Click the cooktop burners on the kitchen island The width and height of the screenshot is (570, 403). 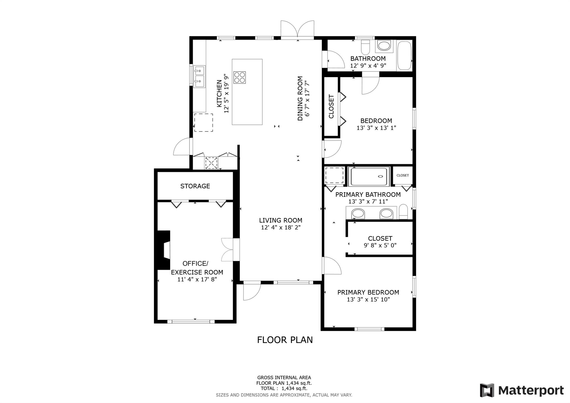[240, 77]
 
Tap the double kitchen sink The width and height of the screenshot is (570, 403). [199, 77]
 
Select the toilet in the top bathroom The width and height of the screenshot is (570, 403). [365, 47]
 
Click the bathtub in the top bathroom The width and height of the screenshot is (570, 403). [404, 56]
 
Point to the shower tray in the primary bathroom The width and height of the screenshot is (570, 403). [369, 177]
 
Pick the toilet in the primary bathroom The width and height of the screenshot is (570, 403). [403, 212]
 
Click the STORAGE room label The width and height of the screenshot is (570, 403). [195, 186]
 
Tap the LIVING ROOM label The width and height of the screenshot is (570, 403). [281, 220]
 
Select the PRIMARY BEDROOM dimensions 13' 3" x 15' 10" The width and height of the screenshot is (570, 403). [368, 300]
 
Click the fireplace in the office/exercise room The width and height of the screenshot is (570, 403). [164, 250]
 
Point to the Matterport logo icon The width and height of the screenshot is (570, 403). [487, 390]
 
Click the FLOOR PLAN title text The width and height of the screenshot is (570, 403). [285, 340]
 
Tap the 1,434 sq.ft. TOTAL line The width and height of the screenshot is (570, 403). [284, 389]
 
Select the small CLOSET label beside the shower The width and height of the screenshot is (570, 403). [403, 175]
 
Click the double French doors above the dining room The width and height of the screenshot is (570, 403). [298, 29]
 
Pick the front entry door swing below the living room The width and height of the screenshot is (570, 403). [252, 291]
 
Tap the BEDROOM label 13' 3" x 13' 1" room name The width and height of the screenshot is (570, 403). [376, 121]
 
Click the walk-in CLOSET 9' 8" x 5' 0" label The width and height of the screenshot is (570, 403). [380, 239]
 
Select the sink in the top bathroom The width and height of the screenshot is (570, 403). [384, 46]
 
